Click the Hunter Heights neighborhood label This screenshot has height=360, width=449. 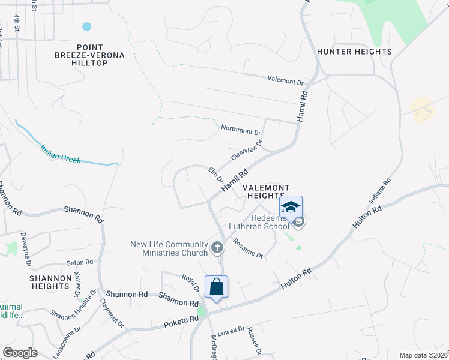(354, 52)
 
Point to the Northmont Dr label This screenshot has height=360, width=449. (241, 130)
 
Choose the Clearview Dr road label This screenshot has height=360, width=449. (247, 151)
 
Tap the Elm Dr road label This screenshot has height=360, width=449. (215, 175)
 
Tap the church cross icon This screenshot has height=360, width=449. (217, 247)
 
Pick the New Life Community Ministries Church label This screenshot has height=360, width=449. (169, 248)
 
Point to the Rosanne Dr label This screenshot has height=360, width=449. (248, 250)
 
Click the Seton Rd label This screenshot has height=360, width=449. (80, 262)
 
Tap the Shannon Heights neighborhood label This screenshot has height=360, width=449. (55, 283)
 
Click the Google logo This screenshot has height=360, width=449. (20, 353)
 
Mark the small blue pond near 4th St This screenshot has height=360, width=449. (87, 26)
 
